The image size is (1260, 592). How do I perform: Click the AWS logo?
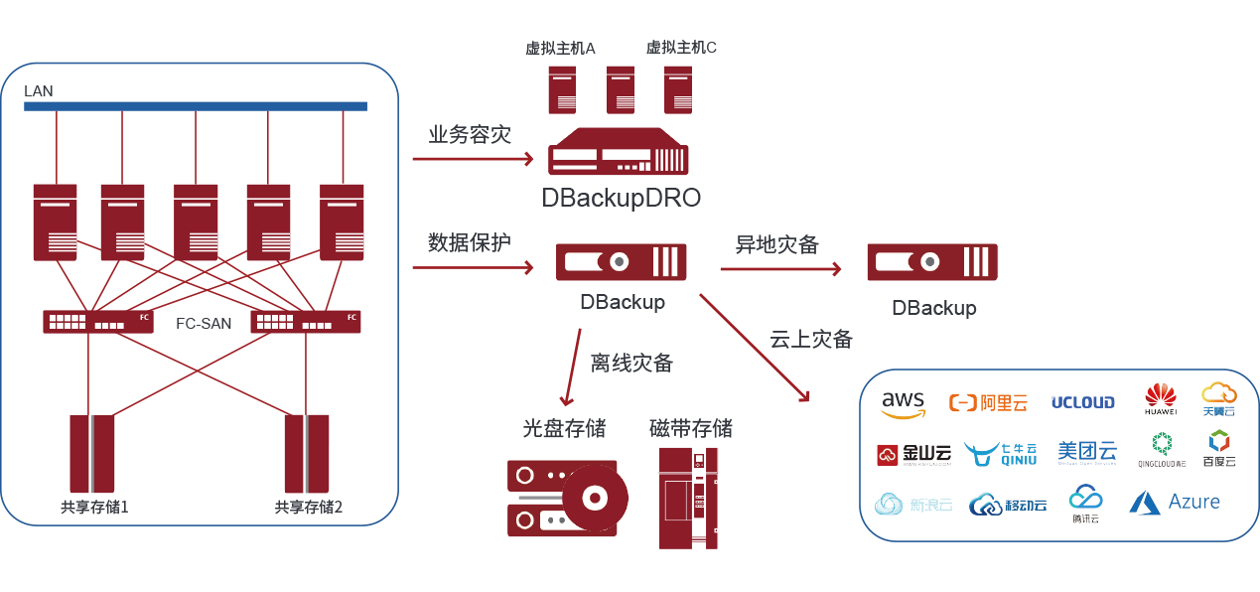coord(903,402)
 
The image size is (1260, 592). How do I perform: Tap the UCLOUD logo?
coord(1082,402)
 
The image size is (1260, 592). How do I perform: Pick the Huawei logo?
coord(1160,398)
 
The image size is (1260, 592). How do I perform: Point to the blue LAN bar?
coord(196,106)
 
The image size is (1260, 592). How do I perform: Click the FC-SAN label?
coord(204,323)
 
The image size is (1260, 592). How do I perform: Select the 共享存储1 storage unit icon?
coord(92,453)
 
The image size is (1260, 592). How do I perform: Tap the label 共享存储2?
coord(308,508)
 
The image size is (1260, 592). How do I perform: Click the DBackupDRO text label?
coord(622,198)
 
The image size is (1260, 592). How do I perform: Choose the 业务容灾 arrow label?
coord(470,134)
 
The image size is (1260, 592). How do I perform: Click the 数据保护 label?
coord(470,241)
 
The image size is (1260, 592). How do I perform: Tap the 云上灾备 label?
coord(811,339)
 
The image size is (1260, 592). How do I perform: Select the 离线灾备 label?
coord(631,364)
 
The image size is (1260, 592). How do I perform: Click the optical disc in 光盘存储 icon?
coord(595,495)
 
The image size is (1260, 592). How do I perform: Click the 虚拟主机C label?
coord(681,47)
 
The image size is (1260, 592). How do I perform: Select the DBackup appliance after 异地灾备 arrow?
coord(932,261)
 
